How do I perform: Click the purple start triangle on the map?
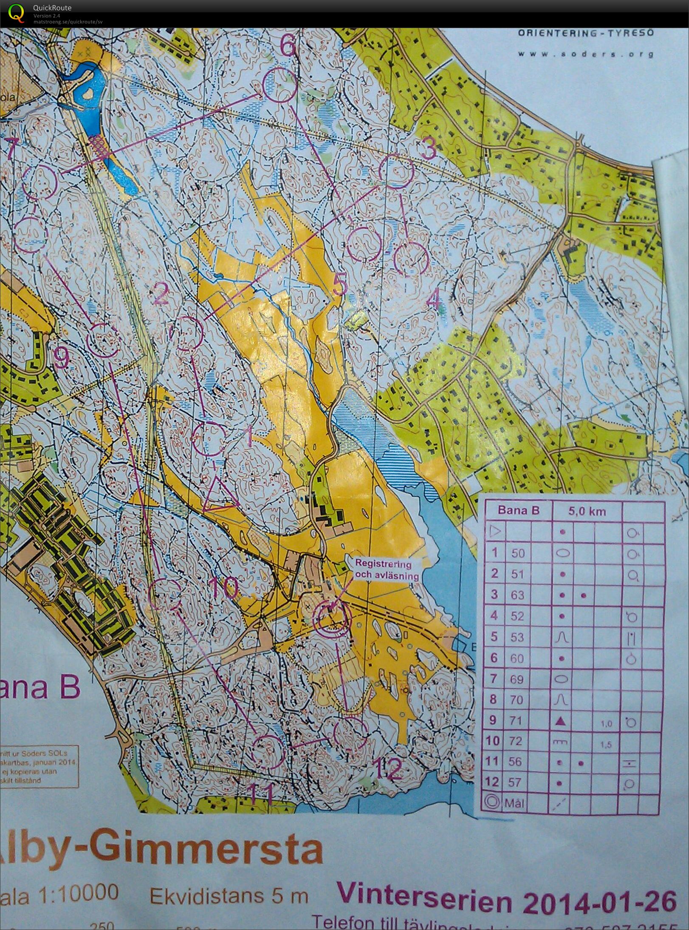coord(218,496)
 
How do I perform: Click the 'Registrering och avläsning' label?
coord(383,570)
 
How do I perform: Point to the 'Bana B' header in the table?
coord(518,510)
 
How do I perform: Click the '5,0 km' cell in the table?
coord(587,511)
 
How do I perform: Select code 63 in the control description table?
coord(517,594)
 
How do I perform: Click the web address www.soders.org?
coord(585,54)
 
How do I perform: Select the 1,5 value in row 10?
coord(607,742)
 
